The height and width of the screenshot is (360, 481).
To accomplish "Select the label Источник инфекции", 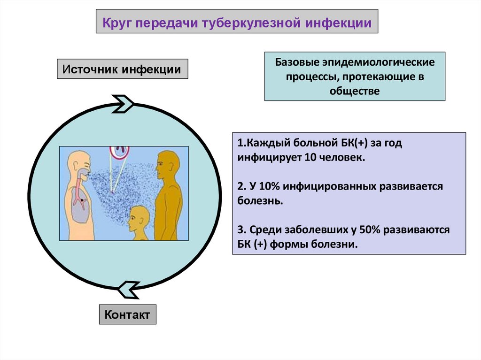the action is click(122, 69).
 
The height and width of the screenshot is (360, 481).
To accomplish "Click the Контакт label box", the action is click(127, 314).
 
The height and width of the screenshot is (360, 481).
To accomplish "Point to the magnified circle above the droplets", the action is click(120, 152).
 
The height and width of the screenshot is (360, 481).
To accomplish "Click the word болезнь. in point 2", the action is click(260, 200).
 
